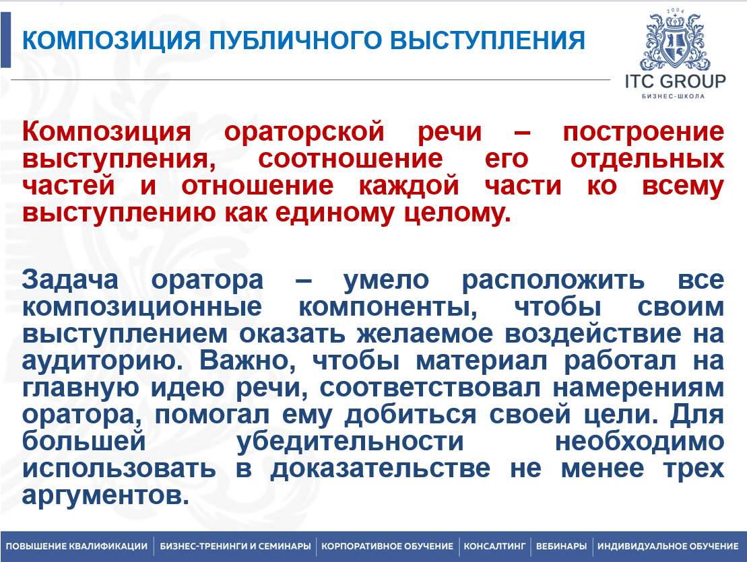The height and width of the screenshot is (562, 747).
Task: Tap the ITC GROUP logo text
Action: (x=675, y=81)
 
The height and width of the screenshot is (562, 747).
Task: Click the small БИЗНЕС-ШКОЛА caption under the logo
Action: (x=673, y=96)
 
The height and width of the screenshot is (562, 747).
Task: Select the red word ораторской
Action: (x=304, y=131)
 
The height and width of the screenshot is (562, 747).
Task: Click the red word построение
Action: (x=644, y=132)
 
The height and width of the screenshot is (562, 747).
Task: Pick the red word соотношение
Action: (x=350, y=158)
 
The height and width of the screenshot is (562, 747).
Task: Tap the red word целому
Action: (x=457, y=213)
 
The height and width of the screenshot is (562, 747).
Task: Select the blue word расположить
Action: (x=553, y=280)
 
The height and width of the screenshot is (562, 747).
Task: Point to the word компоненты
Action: (x=388, y=307)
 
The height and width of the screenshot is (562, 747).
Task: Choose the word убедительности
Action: (x=350, y=441)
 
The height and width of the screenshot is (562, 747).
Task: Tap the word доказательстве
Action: (x=380, y=468)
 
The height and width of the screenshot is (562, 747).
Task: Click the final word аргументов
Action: (x=105, y=495)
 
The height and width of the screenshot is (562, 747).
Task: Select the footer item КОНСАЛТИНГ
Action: (x=494, y=547)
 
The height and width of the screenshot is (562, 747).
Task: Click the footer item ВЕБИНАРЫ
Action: (x=561, y=547)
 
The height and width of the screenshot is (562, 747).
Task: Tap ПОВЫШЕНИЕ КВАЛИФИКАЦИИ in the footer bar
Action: (x=77, y=547)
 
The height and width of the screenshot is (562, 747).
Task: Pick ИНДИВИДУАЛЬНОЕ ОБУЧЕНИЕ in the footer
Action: (x=668, y=547)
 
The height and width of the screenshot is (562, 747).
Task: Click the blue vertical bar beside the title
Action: (x=5, y=40)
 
